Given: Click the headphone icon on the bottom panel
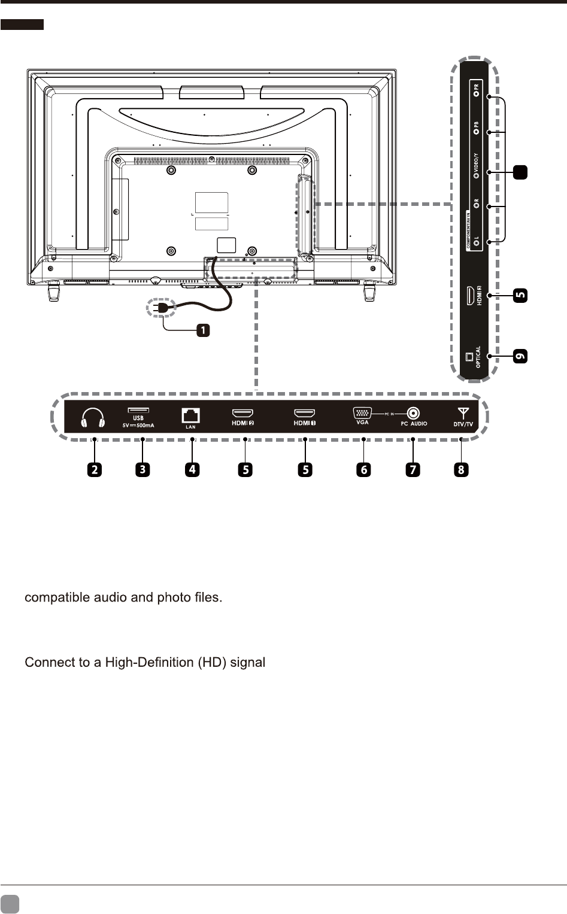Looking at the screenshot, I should point(93,418).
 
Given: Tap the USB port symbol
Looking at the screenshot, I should point(138,411).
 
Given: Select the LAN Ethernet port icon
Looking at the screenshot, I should point(190,415).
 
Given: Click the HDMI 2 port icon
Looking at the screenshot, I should point(242,414).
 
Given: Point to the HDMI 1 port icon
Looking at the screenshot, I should point(304,414).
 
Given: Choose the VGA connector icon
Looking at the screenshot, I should point(362,412).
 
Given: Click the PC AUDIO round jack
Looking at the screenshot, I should point(413,413).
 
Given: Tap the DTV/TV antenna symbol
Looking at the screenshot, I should point(462,413).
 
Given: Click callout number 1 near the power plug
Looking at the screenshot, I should point(204,330).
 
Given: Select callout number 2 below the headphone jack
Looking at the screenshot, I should point(94,470).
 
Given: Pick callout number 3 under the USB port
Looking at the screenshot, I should point(142,470).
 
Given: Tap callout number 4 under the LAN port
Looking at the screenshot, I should point(192,470).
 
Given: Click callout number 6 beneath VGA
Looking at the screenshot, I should point(363,470).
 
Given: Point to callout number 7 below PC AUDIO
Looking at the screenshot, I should point(413,470).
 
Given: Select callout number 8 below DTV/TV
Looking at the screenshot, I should point(461,470).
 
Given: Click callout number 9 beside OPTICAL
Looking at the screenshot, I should point(521,357).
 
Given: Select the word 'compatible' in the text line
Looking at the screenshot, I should point(54,597).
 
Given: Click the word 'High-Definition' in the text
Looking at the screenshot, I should point(150,663).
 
